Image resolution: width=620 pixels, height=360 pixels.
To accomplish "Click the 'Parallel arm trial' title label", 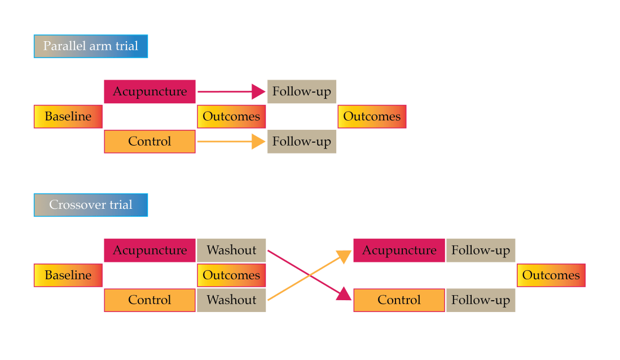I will pyautogui.click(x=90, y=46).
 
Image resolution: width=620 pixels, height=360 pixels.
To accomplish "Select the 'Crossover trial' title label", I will pyautogui.click(x=90, y=205).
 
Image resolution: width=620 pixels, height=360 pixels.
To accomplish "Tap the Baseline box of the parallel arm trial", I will pyautogui.click(x=68, y=117).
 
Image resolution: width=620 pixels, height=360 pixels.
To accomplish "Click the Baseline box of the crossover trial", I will pyautogui.click(x=68, y=275).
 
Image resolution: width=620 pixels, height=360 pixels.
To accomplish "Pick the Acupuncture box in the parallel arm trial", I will pyautogui.click(x=149, y=91).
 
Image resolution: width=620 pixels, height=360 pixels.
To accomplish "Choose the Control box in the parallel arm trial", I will pyautogui.click(x=149, y=141).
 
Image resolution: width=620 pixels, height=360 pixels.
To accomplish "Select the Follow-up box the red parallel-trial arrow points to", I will pyautogui.click(x=302, y=91).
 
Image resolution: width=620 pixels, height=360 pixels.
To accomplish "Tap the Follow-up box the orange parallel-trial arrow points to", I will pyautogui.click(x=302, y=141).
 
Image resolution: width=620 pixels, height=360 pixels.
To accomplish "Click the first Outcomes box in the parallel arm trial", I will pyautogui.click(x=231, y=117).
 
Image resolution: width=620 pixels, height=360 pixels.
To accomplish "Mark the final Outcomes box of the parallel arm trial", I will pyautogui.click(x=372, y=117).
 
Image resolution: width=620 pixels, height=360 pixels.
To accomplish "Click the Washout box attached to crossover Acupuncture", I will pyautogui.click(x=231, y=250).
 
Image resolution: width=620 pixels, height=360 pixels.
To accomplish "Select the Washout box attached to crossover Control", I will pyautogui.click(x=231, y=300).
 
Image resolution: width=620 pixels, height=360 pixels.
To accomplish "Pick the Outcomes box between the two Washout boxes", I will pyautogui.click(x=231, y=275).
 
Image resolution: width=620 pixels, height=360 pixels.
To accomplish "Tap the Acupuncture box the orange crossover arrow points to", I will pyautogui.click(x=399, y=250).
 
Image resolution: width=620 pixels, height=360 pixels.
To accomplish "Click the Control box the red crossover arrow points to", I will pyautogui.click(x=399, y=300).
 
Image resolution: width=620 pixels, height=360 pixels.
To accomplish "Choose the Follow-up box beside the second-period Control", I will pyautogui.click(x=481, y=300).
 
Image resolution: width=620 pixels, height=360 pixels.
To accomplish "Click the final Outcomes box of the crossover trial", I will pyautogui.click(x=551, y=275).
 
